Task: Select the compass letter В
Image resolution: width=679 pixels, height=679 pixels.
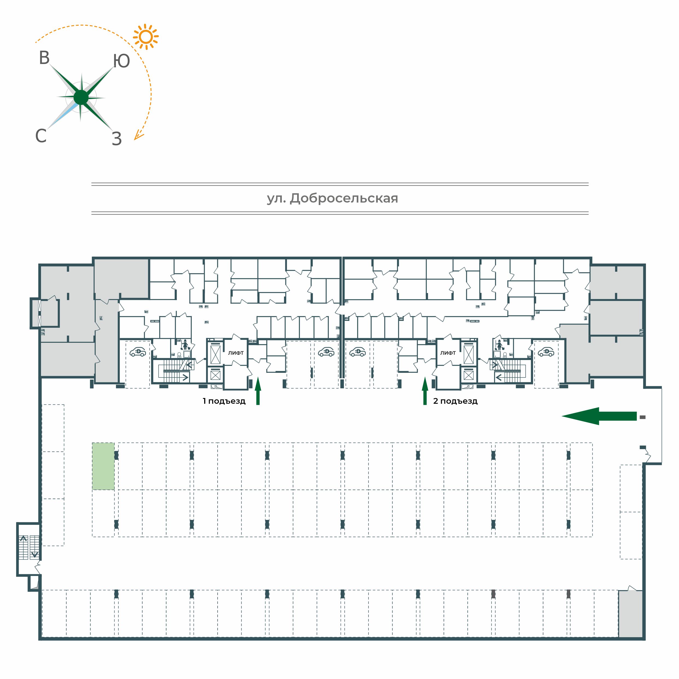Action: tap(44, 58)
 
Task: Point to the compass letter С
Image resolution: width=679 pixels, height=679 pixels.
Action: tap(41, 136)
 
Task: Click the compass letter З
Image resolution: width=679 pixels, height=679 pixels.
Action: tap(117, 139)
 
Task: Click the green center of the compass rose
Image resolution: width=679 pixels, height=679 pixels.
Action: tap(81, 97)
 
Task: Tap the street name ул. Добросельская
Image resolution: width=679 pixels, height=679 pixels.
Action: tap(332, 198)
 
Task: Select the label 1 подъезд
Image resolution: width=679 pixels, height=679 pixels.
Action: tap(224, 401)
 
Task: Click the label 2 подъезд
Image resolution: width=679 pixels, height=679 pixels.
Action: tap(455, 401)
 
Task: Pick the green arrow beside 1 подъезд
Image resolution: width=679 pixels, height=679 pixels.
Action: tap(258, 391)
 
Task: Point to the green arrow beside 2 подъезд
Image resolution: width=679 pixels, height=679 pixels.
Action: tap(425, 391)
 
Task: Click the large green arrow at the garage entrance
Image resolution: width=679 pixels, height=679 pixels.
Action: tap(599, 416)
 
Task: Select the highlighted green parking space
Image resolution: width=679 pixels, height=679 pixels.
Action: tap(103, 466)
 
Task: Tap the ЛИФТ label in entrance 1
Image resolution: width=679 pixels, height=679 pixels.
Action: tap(236, 353)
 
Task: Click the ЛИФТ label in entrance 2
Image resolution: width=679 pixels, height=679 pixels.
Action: tap(448, 353)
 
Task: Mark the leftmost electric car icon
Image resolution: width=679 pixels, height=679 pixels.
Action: tap(138, 352)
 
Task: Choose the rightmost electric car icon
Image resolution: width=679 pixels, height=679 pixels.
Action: tap(546, 352)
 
